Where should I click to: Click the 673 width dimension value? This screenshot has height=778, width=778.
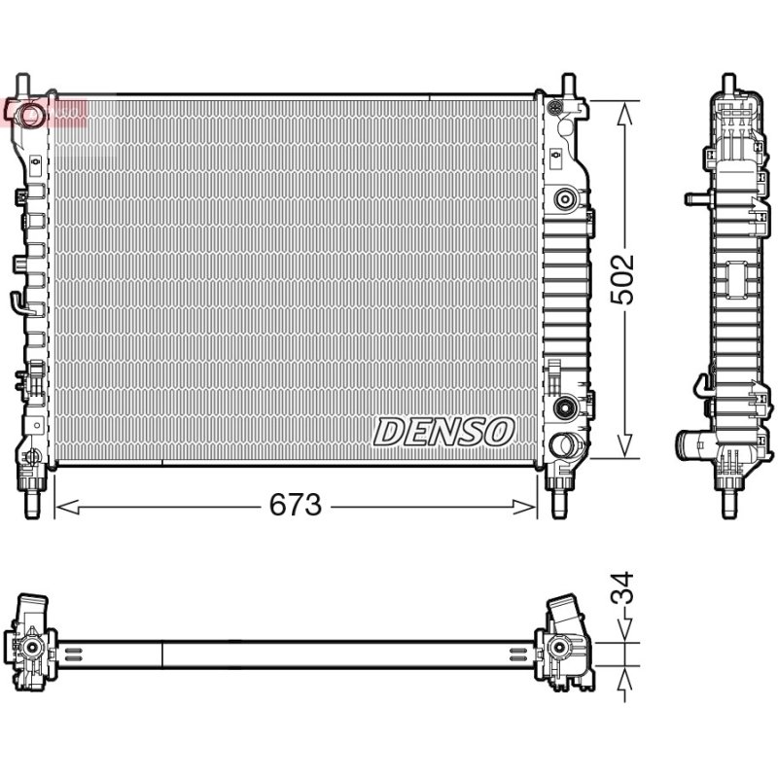pyautogui.click(x=296, y=505)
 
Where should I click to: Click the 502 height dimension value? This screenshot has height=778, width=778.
pyautogui.click(x=622, y=279)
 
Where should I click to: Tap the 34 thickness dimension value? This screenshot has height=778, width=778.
pyautogui.click(x=622, y=587)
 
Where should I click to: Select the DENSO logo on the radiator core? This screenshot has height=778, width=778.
pyautogui.click(x=443, y=432)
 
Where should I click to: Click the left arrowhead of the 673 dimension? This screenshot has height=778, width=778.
pyautogui.click(x=67, y=507)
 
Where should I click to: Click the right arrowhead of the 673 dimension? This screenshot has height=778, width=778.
pyautogui.click(x=524, y=507)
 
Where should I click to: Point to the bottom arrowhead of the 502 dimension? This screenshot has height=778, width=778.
pyautogui.click(x=624, y=445)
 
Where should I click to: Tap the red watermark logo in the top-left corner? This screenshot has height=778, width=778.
pyautogui.click(x=44, y=112)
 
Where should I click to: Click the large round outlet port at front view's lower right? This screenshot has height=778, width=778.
pyautogui.click(x=563, y=444)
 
